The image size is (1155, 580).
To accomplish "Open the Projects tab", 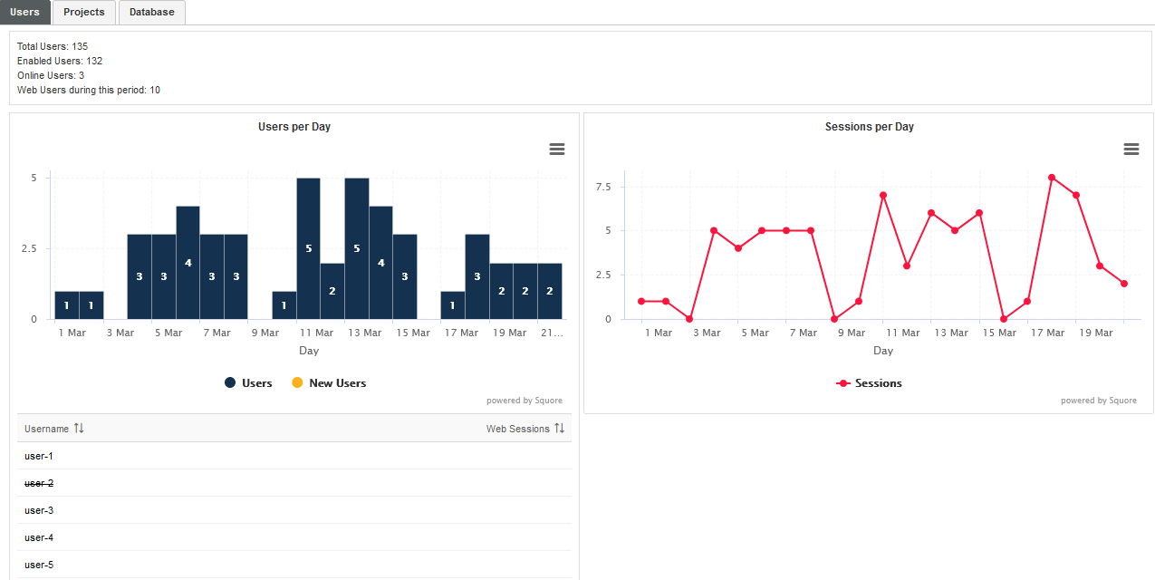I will click(84, 13).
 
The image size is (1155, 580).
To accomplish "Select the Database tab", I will click(151, 13).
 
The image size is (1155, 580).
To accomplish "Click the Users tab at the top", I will click(24, 13).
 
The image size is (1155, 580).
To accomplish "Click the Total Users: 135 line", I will click(53, 46).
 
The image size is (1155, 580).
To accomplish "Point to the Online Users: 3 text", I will click(51, 75).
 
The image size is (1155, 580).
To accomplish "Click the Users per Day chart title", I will click(294, 127).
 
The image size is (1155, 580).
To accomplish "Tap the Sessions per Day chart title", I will click(869, 127).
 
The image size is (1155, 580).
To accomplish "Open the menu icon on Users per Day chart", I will click(557, 150).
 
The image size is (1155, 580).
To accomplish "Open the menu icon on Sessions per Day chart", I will click(1131, 150).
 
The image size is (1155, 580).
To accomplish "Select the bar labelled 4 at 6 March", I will click(188, 263).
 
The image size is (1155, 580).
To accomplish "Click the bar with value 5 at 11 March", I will click(308, 248).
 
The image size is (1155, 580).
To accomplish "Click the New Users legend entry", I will click(329, 383).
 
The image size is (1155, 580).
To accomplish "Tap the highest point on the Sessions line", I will click(1052, 178).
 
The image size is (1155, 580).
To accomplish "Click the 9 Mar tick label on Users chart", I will click(265, 333).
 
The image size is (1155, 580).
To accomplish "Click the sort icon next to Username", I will click(79, 429).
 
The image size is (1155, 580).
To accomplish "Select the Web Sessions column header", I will click(517, 429).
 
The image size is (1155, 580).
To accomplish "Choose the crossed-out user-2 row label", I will click(39, 483).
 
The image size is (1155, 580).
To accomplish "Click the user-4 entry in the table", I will click(39, 537).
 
